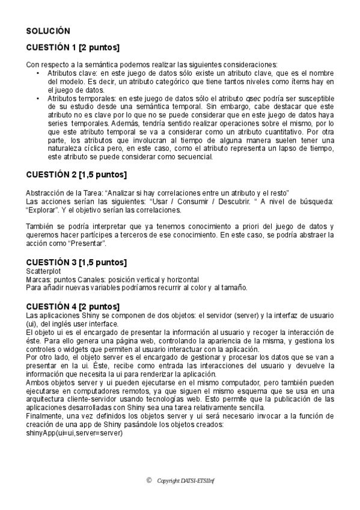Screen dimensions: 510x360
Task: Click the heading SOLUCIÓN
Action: click(x=48, y=31)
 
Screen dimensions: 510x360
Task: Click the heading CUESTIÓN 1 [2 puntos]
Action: click(x=73, y=47)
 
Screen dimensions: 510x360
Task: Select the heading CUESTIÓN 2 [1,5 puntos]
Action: click(x=76, y=175)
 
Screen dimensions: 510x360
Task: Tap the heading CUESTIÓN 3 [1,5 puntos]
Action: click(x=76, y=263)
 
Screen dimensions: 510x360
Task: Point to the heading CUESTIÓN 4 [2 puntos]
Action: click(x=73, y=306)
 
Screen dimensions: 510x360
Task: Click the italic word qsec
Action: click(x=254, y=98)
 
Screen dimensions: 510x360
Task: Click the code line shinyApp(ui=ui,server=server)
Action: click(x=74, y=432)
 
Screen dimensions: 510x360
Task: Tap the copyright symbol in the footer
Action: click(x=149, y=480)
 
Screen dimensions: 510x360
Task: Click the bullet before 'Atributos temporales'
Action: click(x=38, y=98)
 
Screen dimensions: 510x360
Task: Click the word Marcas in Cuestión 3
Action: click(x=38, y=280)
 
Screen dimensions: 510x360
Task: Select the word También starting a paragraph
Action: click(x=41, y=226)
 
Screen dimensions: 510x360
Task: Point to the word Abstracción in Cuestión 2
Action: click(x=47, y=192)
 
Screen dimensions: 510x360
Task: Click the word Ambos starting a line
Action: click(x=38, y=381)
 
